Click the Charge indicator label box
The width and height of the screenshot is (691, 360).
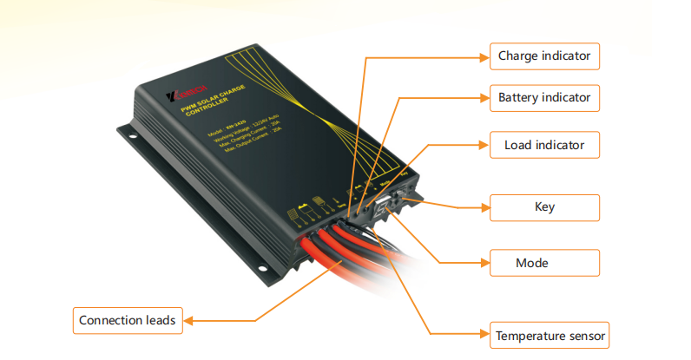(544, 56)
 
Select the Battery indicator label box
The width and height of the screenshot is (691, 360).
(544, 97)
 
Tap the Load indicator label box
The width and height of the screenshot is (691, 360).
(544, 145)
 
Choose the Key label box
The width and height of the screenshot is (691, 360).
(544, 207)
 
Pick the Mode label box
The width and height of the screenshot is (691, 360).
(544, 262)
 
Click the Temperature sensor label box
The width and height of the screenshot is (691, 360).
(550, 335)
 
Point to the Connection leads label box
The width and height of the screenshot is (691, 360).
(127, 320)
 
